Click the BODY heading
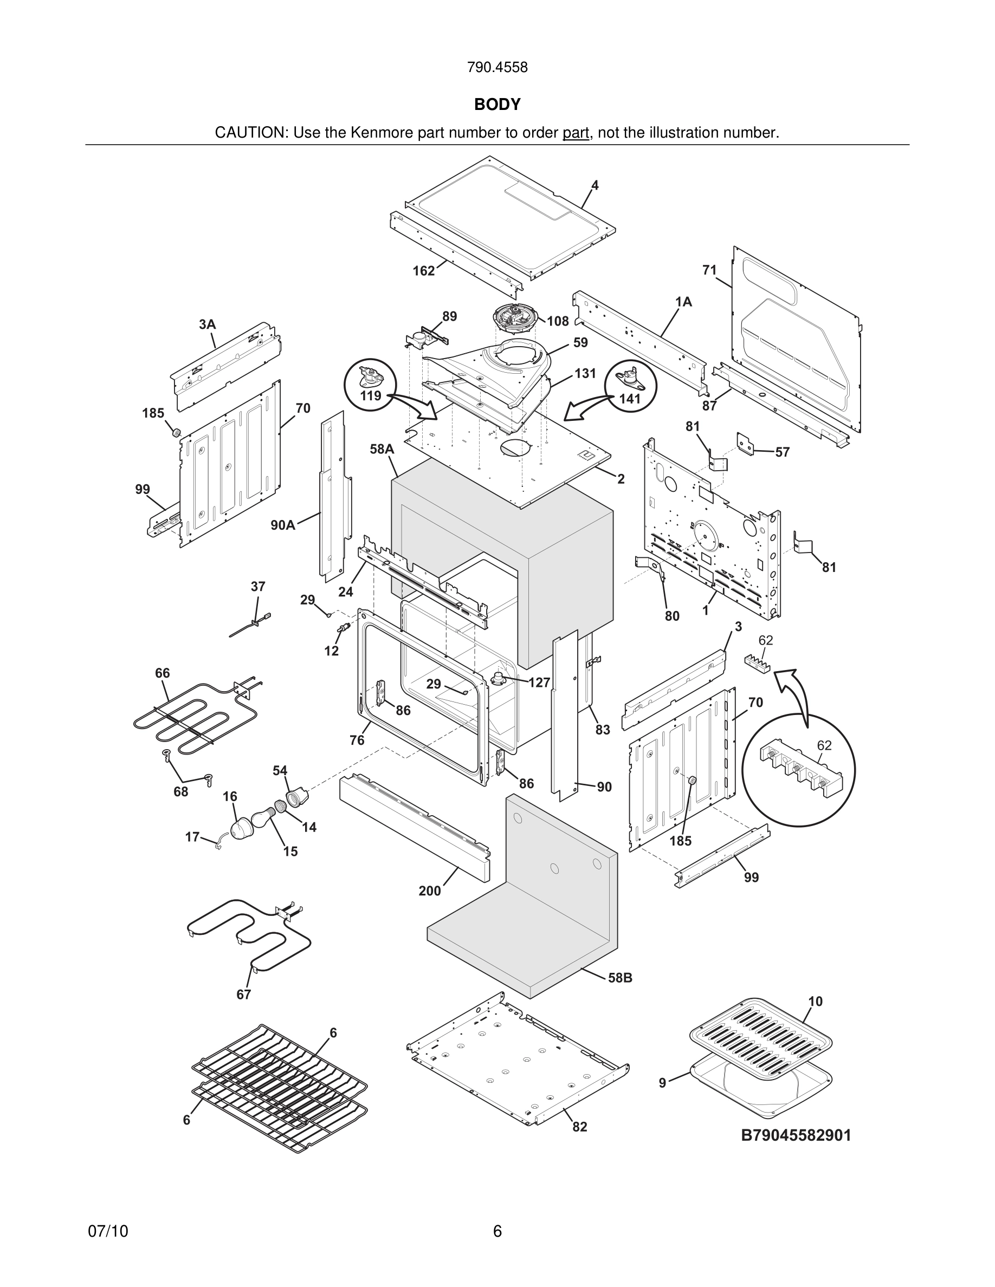pyautogui.click(x=497, y=105)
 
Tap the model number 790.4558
pyautogui.click(x=497, y=67)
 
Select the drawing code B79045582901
pyautogui.click(x=796, y=1135)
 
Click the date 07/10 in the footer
pyautogui.click(x=108, y=1231)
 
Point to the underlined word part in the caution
pyautogui.click(x=576, y=133)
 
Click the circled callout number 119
pyautogui.click(x=371, y=395)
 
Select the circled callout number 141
pyautogui.click(x=630, y=398)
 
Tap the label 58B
pyautogui.click(x=620, y=978)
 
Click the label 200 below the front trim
pyautogui.click(x=430, y=891)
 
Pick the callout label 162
pyautogui.click(x=423, y=270)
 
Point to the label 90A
pyautogui.click(x=283, y=524)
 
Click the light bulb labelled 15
pyautogui.click(x=260, y=820)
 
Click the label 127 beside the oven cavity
pyautogui.click(x=539, y=682)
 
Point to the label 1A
pyautogui.click(x=683, y=302)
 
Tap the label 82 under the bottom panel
pyautogui.click(x=580, y=1127)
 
